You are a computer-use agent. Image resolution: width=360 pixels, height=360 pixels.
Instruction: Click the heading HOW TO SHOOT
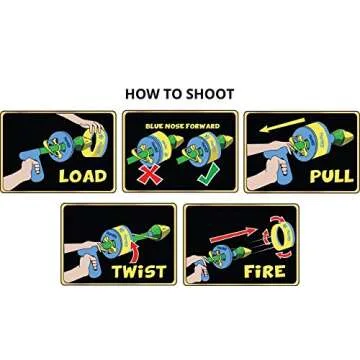pyautogui.click(x=179, y=93)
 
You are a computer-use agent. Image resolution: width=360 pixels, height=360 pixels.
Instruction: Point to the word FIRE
pyautogui.click(x=264, y=271)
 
